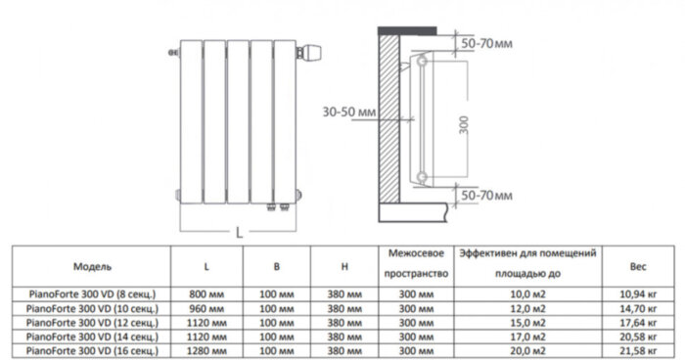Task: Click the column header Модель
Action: pyautogui.click(x=93, y=266)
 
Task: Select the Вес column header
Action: pyautogui.click(x=636, y=266)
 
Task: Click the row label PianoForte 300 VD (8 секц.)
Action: pyautogui.click(x=94, y=293)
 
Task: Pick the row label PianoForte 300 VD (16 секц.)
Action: pyautogui.click(x=94, y=348)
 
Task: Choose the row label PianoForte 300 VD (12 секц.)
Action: pyautogui.click(x=94, y=321)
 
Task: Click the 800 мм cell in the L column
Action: pyautogui.click(x=206, y=293)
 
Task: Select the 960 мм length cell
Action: pyautogui.click(x=206, y=307)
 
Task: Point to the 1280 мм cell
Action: pyautogui.click(x=206, y=348)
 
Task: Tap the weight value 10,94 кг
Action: pyautogui.click(x=636, y=293)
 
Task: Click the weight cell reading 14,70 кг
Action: pyautogui.click(x=636, y=307)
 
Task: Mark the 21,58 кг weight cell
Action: pyautogui.click(x=636, y=348)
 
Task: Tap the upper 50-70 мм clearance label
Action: pyautogui.click(x=486, y=44)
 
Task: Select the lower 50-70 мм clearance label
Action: pyautogui.click(x=486, y=198)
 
